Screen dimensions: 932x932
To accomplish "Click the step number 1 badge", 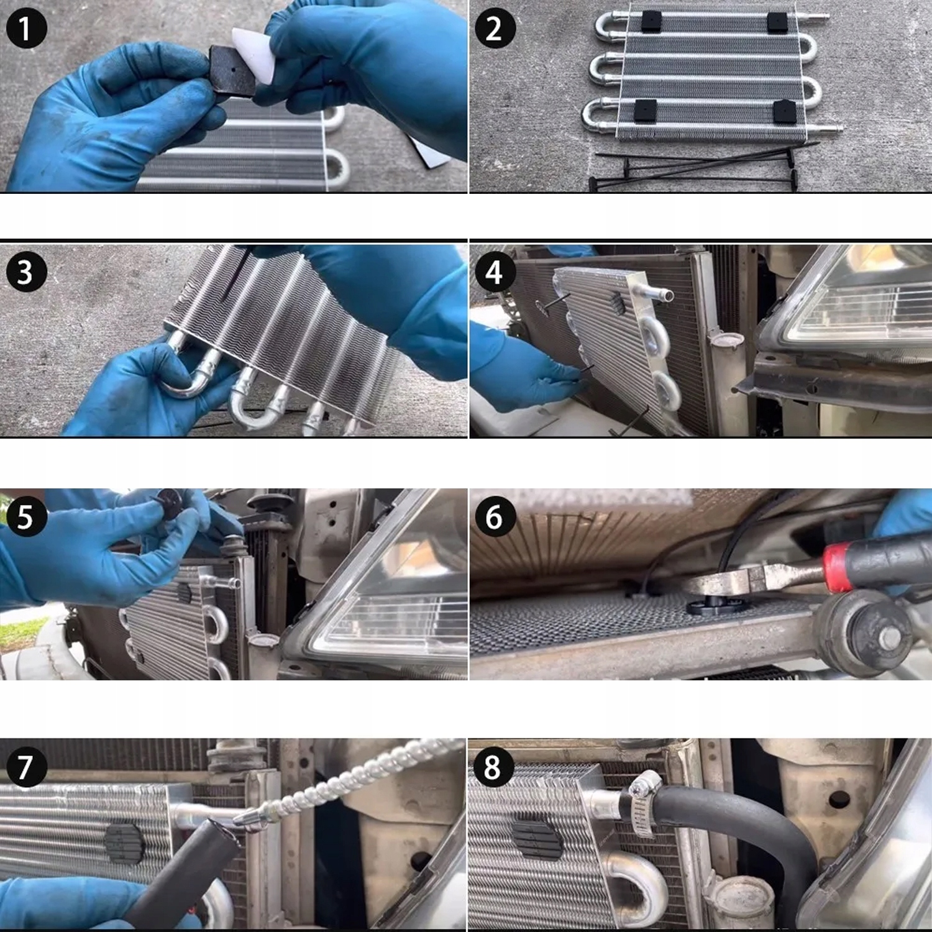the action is (26, 28).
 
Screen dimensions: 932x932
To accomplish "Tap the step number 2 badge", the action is (495, 28).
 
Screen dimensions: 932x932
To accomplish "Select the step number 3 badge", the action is (26, 272).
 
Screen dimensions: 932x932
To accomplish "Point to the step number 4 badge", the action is (495, 272).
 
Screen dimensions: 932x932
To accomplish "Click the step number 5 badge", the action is (26, 516).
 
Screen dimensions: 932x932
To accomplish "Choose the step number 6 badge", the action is (495, 516).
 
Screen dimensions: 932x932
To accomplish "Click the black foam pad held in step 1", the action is (232, 70).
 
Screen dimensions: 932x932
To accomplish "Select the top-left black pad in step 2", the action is (649, 22).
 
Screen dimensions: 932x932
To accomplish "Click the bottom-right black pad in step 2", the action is (785, 111).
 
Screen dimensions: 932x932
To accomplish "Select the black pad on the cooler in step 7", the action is (125, 843).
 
